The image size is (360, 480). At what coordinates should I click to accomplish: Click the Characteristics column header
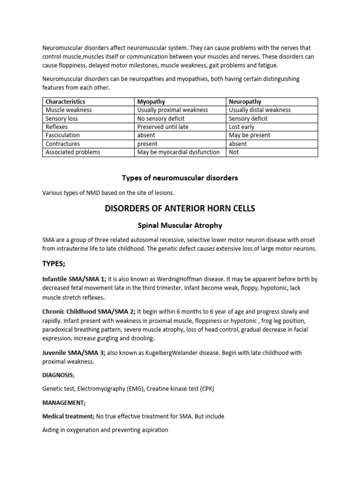point(65,101)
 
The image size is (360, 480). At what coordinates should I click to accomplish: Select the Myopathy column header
point(151,101)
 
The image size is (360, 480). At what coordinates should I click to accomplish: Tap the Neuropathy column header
point(245,101)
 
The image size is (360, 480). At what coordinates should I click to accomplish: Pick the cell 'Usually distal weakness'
point(260,110)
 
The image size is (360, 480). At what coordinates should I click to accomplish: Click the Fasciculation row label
point(62,135)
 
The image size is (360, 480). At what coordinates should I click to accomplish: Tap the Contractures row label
point(62,143)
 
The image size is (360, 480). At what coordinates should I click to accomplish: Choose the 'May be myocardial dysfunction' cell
point(178,152)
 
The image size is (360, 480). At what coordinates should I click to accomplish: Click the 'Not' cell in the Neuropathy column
point(234,152)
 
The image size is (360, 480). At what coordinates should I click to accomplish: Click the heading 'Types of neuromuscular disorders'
point(180,178)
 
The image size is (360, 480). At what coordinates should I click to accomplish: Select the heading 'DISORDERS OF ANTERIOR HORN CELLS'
point(180,209)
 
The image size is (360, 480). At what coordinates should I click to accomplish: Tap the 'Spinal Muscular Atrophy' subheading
point(180,225)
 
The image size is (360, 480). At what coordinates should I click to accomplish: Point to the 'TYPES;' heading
point(54,264)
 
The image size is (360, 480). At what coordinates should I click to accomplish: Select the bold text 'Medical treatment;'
point(68,416)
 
